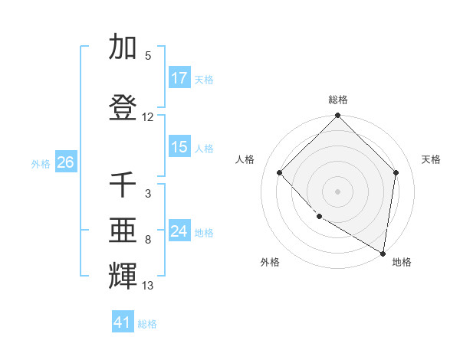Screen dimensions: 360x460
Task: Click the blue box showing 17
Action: tap(179, 78)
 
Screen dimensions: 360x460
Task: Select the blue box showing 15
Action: tap(179, 147)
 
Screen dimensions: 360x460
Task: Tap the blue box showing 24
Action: tap(179, 231)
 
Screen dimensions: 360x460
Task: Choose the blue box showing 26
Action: tap(65, 162)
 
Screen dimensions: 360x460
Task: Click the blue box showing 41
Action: tap(123, 322)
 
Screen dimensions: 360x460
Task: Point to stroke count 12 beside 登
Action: tap(148, 117)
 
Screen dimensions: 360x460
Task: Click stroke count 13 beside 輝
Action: tap(148, 286)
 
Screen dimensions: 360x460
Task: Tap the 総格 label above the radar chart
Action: tap(338, 100)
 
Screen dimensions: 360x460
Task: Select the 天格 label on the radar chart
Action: tap(431, 159)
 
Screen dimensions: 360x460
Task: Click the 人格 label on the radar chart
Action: tap(245, 159)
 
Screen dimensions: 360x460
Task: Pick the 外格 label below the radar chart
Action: tap(270, 262)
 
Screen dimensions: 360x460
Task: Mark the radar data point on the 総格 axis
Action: tap(338, 116)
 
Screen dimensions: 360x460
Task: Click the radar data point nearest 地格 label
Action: tap(383, 253)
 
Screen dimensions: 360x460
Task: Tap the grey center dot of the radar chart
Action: tap(338, 191)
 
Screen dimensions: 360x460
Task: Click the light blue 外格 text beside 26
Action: tap(41, 163)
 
